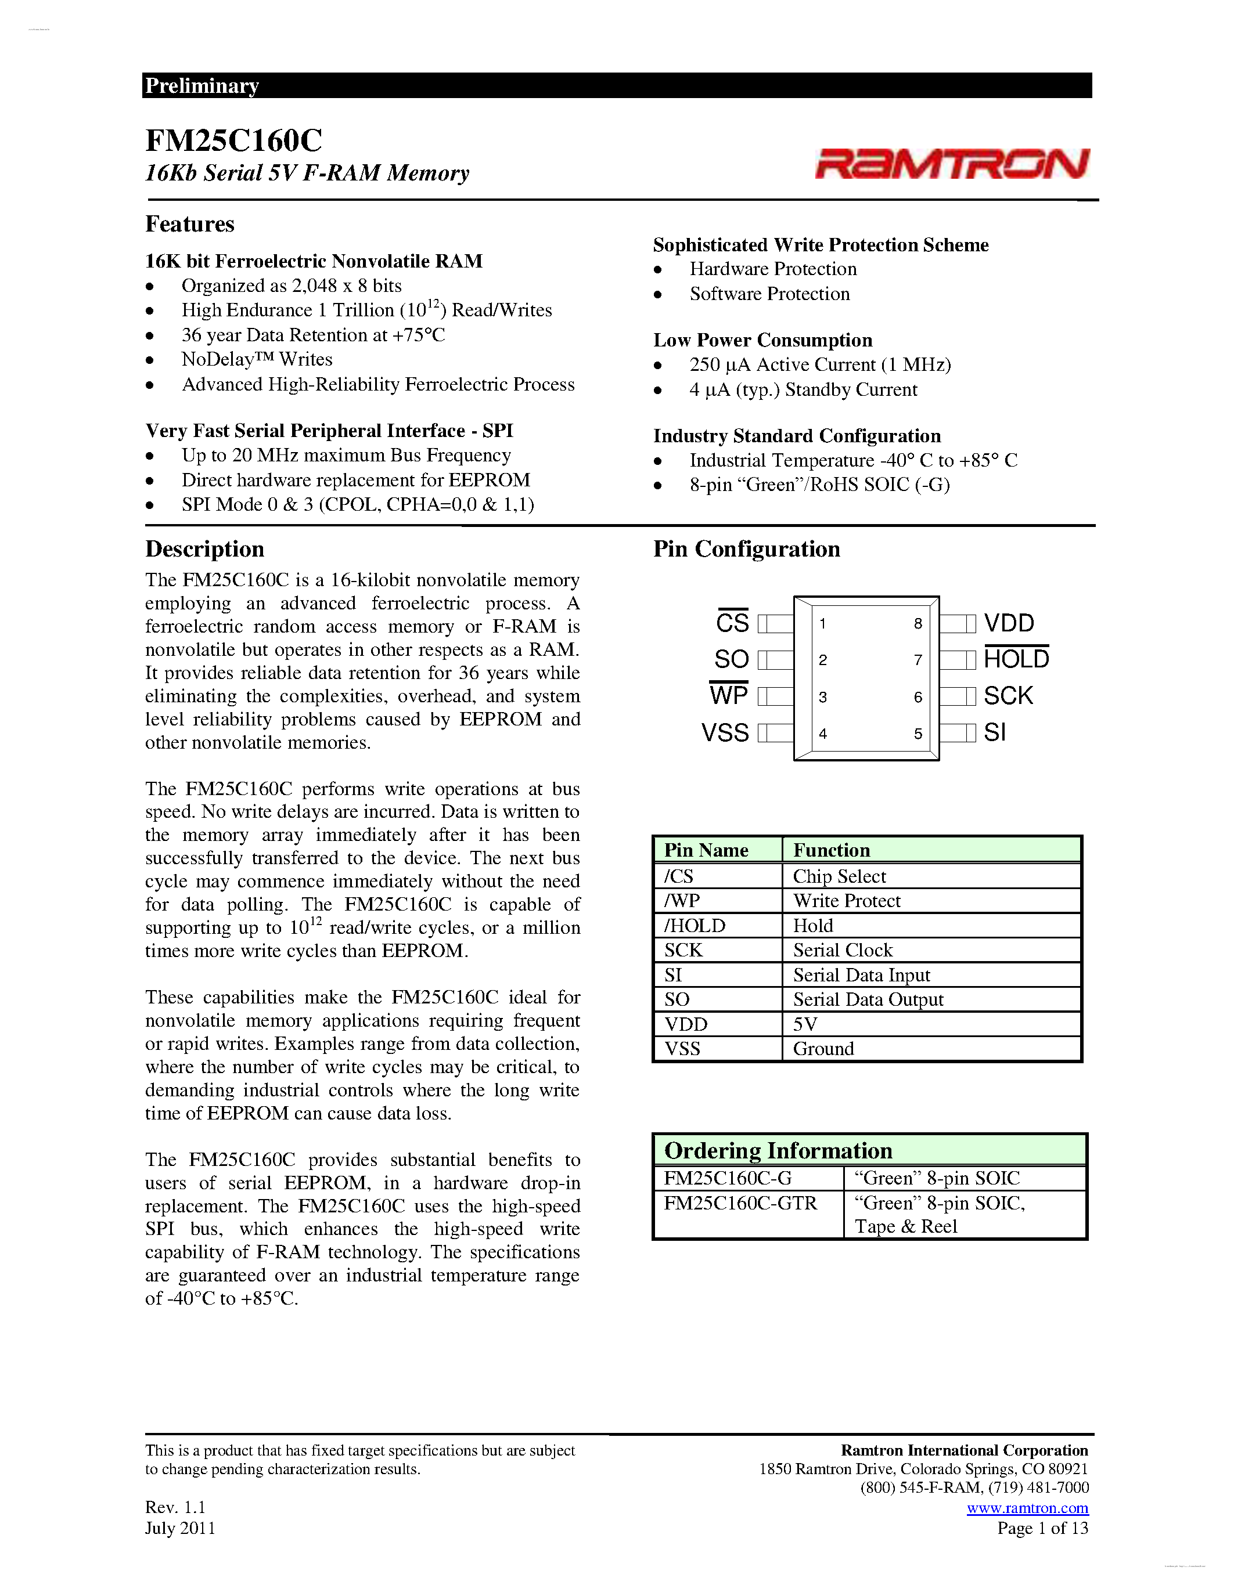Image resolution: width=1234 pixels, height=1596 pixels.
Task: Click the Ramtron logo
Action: (x=952, y=164)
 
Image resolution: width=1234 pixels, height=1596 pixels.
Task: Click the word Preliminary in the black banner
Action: (x=202, y=85)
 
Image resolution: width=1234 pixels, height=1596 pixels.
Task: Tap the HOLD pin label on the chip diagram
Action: (x=1016, y=659)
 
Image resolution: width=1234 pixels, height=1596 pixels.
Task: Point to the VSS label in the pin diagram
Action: (x=725, y=732)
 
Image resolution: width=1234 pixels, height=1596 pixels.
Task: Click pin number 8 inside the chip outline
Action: (x=918, y=623)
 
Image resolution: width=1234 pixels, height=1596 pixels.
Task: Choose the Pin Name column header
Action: (x=706, y=850)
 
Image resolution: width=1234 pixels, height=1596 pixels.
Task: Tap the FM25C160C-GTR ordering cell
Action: (x=740, y=1203)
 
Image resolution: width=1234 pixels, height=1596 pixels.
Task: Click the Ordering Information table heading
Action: (x=778, y=1151)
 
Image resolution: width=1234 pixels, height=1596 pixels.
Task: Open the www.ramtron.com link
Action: (x=1027, y=1508)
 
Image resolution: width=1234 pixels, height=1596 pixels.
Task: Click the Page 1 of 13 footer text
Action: (x=1042, y=1528)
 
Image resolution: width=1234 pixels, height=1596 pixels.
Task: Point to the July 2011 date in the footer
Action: (x=180, y=1528)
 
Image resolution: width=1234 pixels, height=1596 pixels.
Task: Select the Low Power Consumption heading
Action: (x=762, y=340)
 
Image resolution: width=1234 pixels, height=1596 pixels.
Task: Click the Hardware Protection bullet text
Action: (x=773, y=269)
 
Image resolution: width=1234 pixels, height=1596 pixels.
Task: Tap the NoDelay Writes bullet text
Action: (x=257, y=360)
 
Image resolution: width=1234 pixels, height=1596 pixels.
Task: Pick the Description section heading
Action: (x=204, y=549)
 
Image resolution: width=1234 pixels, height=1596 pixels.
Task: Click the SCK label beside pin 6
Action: (x=1008, y=696)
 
